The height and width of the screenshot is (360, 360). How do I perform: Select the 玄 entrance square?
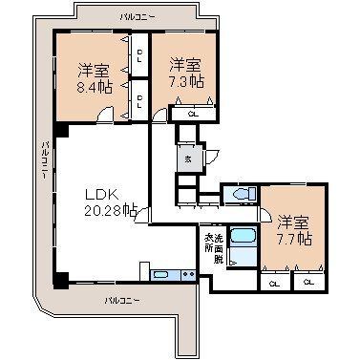188,159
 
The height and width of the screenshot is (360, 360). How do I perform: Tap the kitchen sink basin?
162,276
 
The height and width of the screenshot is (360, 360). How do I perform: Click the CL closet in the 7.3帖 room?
193,114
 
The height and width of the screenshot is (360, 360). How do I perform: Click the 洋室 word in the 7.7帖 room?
292,221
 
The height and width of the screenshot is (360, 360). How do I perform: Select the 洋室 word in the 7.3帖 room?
186,65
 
